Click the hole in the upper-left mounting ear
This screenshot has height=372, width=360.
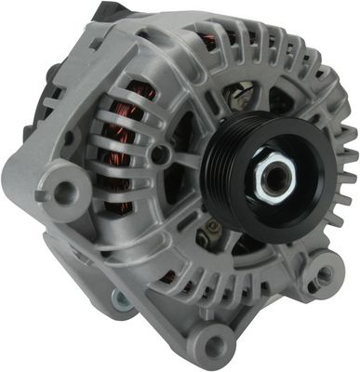pyautogui.click(x=65, y=192)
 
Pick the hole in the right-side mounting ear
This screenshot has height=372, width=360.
pyautogui.click(x=325, y=275)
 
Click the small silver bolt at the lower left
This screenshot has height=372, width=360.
pyautogui.click(x=122, y=299)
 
